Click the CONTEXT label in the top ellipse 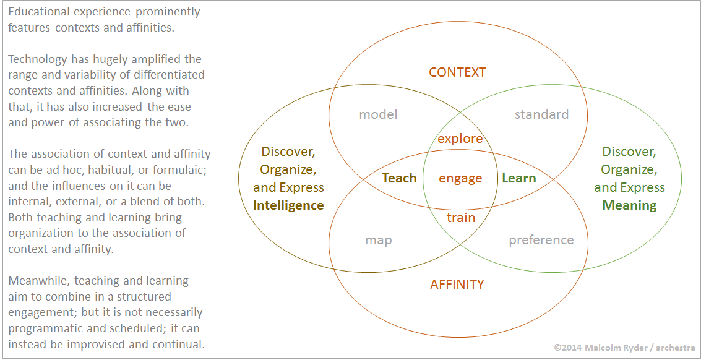tap(457, 72)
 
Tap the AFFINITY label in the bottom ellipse tap(457, 285)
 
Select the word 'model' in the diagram tap(378, 114)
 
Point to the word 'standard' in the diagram tap(541, 114)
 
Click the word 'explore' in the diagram tap(460, 139)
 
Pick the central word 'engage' tap(460, 179)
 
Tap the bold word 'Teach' tap(399, 178)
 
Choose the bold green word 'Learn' tap(518, 178)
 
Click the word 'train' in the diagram tap(460, 218)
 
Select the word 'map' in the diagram tap(379, 241)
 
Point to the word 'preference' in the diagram tap(541, 240)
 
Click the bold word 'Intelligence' tap(288, 205)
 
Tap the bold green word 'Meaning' tap(629, 205)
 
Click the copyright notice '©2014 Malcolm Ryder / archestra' tap(624, 347)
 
